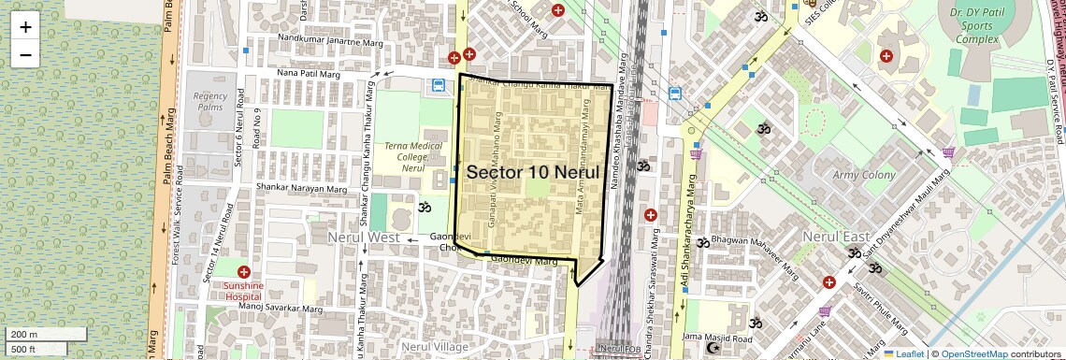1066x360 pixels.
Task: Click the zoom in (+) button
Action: coord(25,27)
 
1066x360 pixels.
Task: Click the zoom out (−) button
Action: coord(25,54)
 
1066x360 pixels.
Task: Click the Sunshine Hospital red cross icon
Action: coord(244,271)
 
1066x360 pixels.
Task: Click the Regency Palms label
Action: coord(210,101)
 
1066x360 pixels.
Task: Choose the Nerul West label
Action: coord(363,238)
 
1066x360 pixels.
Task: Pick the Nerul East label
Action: coord(836,238)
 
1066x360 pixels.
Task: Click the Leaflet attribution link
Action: coord(904,353)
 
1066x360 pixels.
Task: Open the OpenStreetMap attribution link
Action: coord(974,353)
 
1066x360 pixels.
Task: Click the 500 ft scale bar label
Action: coord(24,350)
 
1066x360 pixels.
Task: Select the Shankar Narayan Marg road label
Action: coord(301,188)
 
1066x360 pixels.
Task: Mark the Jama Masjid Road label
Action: coord(717,337)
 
